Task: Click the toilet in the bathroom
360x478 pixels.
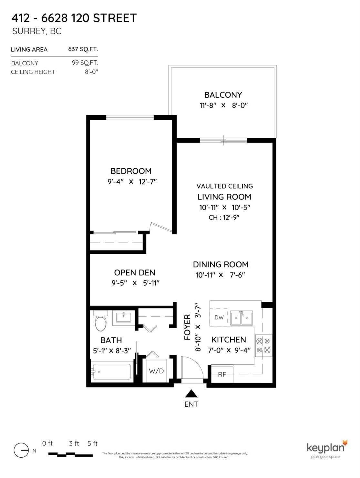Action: coord(101,321)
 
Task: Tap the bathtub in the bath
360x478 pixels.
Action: coord(112,372)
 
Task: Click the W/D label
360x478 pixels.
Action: coord(156,371)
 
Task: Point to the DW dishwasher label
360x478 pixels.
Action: coord(219,317)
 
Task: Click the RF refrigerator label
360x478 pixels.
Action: coord(222,374)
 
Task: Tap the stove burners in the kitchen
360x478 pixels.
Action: coord(263,345)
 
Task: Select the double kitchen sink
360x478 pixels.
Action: coord(242,318)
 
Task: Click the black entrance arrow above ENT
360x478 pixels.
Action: coord(191,393)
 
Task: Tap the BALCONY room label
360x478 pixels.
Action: coord(223,95)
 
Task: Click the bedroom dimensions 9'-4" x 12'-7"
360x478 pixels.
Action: coord(132,182)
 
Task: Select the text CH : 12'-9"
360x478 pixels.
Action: coord(224,218)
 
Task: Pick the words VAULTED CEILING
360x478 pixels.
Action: coord(224,186)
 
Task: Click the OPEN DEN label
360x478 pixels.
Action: coord(135,273)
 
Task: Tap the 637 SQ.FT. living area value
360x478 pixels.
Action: coord(83,49)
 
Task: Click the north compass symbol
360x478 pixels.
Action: coord(21,450)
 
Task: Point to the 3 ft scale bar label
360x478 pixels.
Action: coord(74,444)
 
